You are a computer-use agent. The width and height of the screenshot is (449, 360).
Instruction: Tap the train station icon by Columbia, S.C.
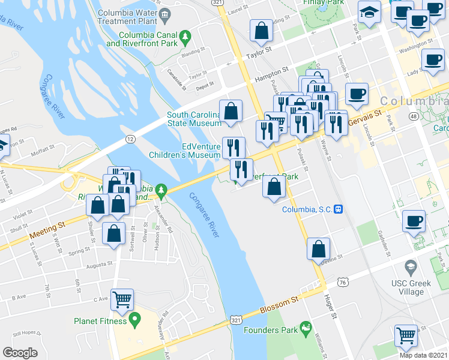(339, 209)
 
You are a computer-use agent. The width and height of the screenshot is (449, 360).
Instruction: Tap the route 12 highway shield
(130, 139)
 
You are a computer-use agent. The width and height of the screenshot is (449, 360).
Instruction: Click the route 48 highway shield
(414, 116)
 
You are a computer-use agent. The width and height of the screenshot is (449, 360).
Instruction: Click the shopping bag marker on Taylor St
(262, 31)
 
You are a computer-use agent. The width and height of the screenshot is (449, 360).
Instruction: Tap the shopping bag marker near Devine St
(319, 248)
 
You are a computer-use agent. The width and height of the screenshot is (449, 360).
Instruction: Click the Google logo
(20, 353)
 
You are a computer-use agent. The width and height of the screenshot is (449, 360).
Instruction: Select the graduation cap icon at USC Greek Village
(411, 266)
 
